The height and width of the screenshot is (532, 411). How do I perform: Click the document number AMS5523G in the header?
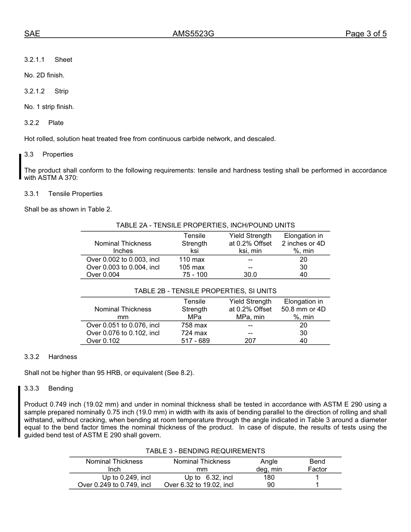point(193,34)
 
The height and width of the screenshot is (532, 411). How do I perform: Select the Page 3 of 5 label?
point(366,34)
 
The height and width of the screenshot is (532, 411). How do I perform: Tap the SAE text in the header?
point(32,34)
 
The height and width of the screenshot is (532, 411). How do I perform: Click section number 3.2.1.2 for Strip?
point(34,91)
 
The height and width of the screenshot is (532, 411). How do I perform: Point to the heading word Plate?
point(56,123)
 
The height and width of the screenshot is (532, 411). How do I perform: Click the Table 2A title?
point(205,225)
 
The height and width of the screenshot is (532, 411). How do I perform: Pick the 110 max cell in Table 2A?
point(192,260)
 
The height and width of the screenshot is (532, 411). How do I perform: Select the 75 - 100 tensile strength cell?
point(195,275)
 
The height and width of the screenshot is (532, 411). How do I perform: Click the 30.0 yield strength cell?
point(250,275)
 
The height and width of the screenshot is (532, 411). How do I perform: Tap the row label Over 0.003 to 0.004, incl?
point(123,267)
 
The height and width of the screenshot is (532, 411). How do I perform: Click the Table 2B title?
point(205,291)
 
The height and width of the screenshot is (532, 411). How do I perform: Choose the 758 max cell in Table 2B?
point(194,325)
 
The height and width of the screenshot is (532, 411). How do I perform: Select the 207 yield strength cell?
point(250,341)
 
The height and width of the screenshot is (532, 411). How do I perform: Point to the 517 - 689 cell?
point(195,341)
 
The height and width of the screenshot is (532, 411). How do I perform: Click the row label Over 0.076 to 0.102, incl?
point(123,333)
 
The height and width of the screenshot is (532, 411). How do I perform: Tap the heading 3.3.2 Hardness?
point(51,357)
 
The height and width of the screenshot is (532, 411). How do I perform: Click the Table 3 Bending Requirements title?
point(205,451)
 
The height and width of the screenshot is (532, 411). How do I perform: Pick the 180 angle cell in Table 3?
point(269,478)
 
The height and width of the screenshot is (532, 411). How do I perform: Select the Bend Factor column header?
point(317,465)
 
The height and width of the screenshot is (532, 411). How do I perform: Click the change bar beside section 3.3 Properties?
point(19,167)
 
